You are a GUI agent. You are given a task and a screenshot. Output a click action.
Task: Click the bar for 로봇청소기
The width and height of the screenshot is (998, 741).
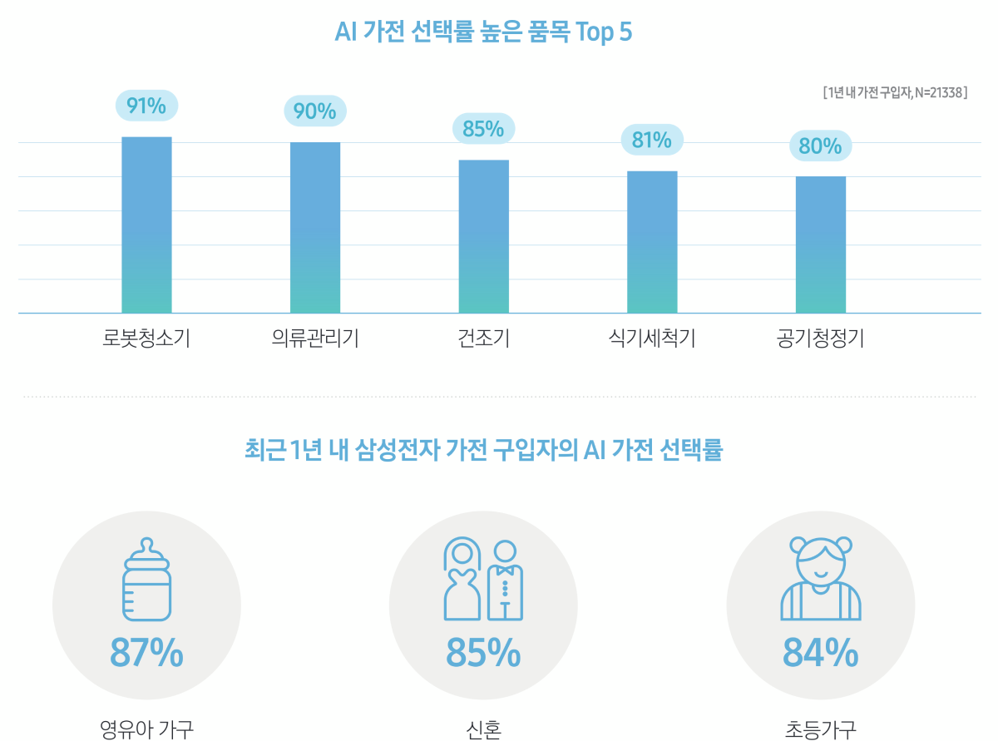point(146,225)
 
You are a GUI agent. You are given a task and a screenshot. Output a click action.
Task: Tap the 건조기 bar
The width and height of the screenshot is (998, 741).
point(483,236)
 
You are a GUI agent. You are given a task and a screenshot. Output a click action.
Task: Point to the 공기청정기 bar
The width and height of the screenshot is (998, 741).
point(821,245)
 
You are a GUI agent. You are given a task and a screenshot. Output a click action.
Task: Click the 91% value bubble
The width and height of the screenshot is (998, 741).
point(146,106)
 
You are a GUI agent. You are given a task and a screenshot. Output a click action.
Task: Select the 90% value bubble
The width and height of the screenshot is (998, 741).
point(315,111)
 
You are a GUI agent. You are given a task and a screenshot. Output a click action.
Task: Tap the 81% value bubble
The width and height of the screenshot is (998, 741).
point(652,140)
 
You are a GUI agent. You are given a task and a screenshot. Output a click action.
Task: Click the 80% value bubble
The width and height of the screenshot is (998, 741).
point(821,146)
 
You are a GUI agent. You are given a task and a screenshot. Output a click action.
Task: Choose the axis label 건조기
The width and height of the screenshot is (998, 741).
point(483,339)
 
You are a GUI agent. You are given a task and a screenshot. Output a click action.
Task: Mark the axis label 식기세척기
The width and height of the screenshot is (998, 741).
point(652,339)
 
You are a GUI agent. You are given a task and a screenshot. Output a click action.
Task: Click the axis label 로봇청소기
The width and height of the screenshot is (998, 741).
point(146,339)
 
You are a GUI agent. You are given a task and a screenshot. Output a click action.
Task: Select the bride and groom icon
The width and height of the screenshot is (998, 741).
point(483,579)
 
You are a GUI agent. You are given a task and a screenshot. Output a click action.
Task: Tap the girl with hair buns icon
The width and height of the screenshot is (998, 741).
point(821,579)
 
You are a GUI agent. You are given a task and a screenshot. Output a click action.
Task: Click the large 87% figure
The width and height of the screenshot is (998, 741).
point(146,653)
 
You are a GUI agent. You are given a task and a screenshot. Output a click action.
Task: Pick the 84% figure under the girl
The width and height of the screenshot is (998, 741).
point(821,653)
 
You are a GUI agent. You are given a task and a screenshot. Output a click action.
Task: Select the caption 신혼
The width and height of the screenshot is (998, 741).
point(483,730)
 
